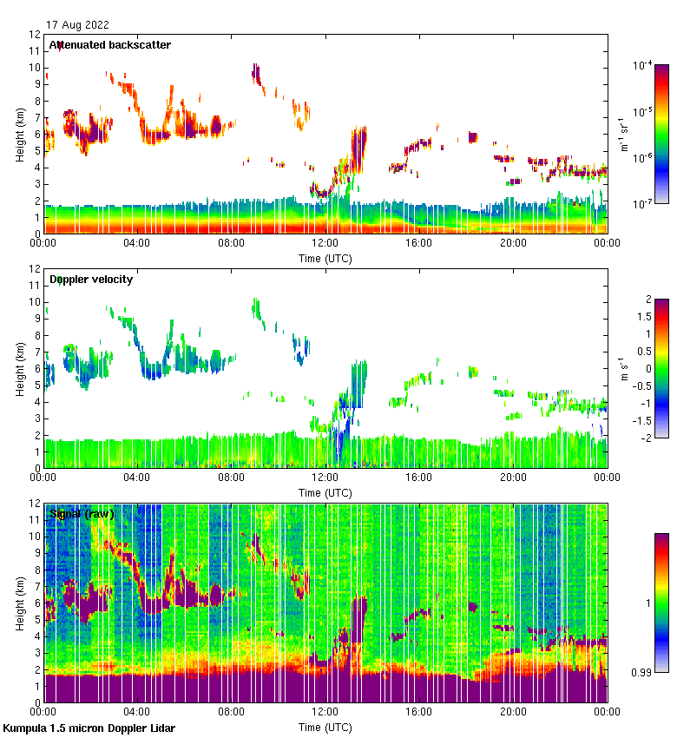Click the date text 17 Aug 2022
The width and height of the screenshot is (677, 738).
(x=77, y=25)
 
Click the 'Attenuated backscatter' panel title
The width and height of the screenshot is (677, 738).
(x=110, y=45)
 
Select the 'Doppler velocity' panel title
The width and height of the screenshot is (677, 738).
(x=92, y=280)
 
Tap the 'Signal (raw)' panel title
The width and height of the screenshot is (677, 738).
(x=82, y=514)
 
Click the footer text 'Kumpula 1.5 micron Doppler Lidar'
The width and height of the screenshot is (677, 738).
(x=89, y=728)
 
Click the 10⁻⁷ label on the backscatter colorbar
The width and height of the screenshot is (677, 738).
(x=643, y=204)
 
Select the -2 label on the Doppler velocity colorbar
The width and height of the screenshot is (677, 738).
(x=647, y=438)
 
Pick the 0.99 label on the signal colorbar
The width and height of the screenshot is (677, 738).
(x=643, y=672)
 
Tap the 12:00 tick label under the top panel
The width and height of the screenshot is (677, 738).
(x=325, y=243)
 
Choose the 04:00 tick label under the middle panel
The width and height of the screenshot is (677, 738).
(x=137, y=478)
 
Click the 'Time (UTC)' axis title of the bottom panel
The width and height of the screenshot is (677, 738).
(x=325, y=727)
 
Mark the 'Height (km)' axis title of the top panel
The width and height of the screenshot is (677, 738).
(x=20, y=134)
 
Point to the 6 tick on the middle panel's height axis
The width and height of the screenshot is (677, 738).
(x=38, y=369)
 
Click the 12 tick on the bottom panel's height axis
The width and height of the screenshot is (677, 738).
(x=36, y=504)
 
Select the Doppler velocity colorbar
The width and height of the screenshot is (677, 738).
(x=661, y=368)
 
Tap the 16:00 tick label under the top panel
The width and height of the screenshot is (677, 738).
(x=419, y=243)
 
